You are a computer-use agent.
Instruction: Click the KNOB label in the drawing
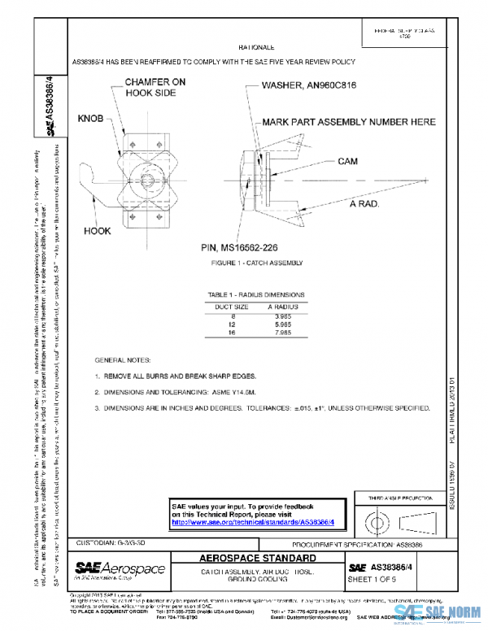point(89,119)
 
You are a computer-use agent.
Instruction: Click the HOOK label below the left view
point(98,231)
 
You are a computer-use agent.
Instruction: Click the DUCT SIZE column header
point(231,306)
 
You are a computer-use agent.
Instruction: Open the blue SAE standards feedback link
point(252,522)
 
